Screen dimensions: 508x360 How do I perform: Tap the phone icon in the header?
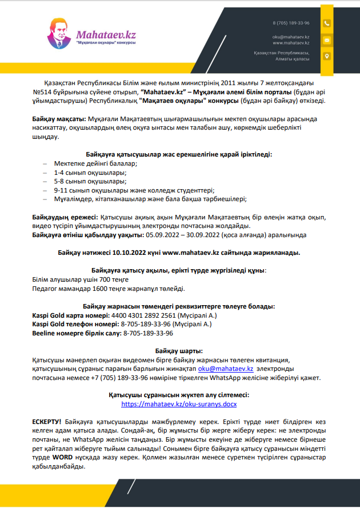pyautogui.click(x=326, y=23)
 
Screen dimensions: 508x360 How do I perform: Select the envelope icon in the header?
pyautogui.click(x=326, y=40)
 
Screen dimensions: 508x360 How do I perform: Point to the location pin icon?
pyautogui.click(x=326, y=56)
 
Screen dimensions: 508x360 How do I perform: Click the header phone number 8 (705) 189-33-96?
pyautogui.click(x=291, y=23)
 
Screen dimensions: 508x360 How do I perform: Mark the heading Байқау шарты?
pyautogui.click(x=179, y=351)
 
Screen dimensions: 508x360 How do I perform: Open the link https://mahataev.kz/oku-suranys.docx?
pyautogui.click(x=179, y=403)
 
